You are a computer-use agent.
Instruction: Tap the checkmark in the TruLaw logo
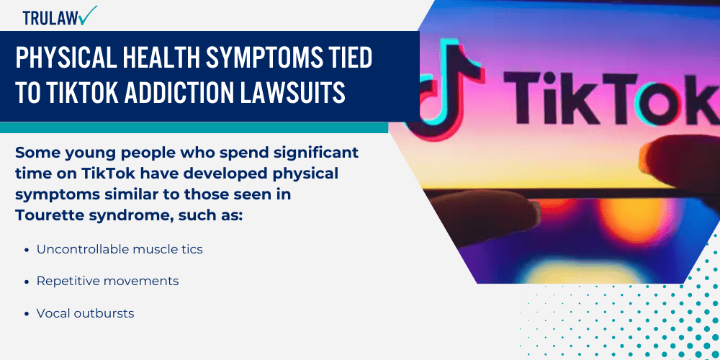tap(89, 15)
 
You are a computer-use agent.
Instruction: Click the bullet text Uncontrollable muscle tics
tap(120, 249)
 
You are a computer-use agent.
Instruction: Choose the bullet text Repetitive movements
tap(107, 281)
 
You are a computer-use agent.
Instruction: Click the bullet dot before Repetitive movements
tap(27, 282)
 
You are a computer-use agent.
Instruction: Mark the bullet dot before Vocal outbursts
tap(27, 314)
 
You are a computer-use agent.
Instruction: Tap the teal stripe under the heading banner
tap(194, 127)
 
